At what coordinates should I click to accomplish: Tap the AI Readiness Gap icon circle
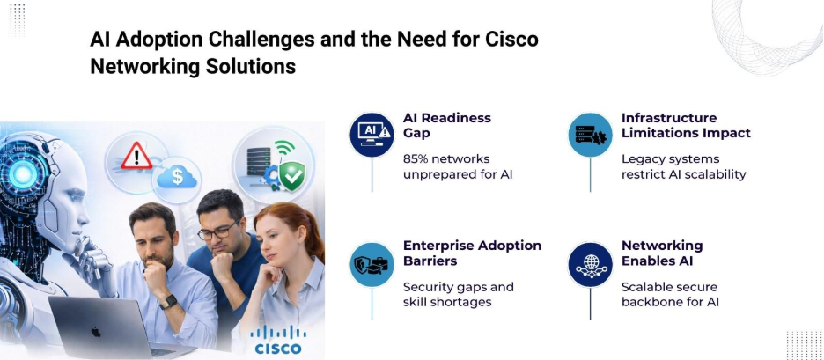[372, 135]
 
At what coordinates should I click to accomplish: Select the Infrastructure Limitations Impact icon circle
[590, 135]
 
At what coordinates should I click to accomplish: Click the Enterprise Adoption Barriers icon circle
[372, 264]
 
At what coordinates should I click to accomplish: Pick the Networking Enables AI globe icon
[590, 264]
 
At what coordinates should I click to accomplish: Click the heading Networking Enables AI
[662, 253]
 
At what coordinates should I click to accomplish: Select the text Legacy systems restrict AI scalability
[683, 166]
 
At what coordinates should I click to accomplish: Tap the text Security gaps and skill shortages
[458, 294]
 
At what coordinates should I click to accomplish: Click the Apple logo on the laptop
[95, 332]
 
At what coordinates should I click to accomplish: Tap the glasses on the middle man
[217, 231]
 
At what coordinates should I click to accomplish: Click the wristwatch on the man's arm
[168, 302]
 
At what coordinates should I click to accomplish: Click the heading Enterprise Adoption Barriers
[472, 253]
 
